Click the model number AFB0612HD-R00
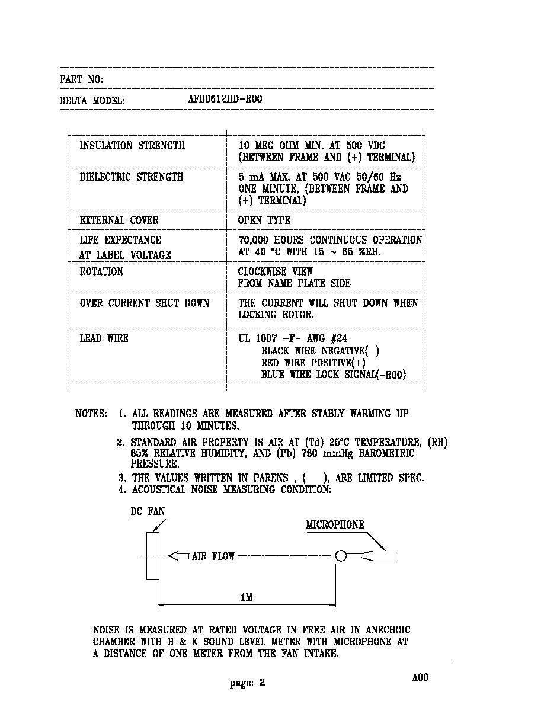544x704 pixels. point(225,99)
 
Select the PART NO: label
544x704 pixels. point(81,79)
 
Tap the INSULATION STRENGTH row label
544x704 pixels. point(132,145)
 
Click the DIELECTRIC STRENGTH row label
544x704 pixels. point(132,177)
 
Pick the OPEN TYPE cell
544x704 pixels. point(264,220)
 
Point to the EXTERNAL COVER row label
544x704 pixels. point(119,220)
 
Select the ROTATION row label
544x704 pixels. point(101,271)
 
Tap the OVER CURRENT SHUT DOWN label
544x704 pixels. point(145,303)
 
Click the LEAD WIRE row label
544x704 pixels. point(104,338)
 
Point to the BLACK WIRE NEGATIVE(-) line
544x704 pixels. point(321,351)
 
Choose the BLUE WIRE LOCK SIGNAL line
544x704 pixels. point(334,374)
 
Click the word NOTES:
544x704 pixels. point(91,413)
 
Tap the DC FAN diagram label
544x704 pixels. point(148,511)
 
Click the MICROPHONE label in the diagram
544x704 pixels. point(335,524)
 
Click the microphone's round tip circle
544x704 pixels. point(341,556)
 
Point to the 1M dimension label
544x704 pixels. point(247,597)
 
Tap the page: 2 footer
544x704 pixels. point(247,683)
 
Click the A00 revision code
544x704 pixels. point(420,677)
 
